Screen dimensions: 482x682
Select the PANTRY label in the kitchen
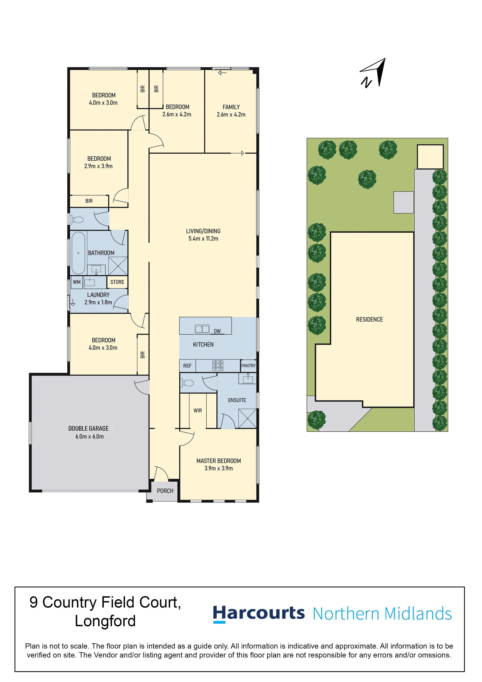coord(248,366)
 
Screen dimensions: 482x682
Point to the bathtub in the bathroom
coord(78,253)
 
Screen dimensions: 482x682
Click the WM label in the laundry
coord(77,282)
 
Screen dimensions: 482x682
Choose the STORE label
coord(117,282)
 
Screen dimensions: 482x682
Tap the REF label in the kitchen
coord(187,366)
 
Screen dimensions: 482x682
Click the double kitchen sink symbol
coord(202,329)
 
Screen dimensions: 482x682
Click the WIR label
coord(198,411)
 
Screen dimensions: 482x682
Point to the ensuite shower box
coord(247,419)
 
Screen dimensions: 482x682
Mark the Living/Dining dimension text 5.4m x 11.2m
coord(203,239)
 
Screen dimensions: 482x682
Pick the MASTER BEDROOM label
coord(219,461)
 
